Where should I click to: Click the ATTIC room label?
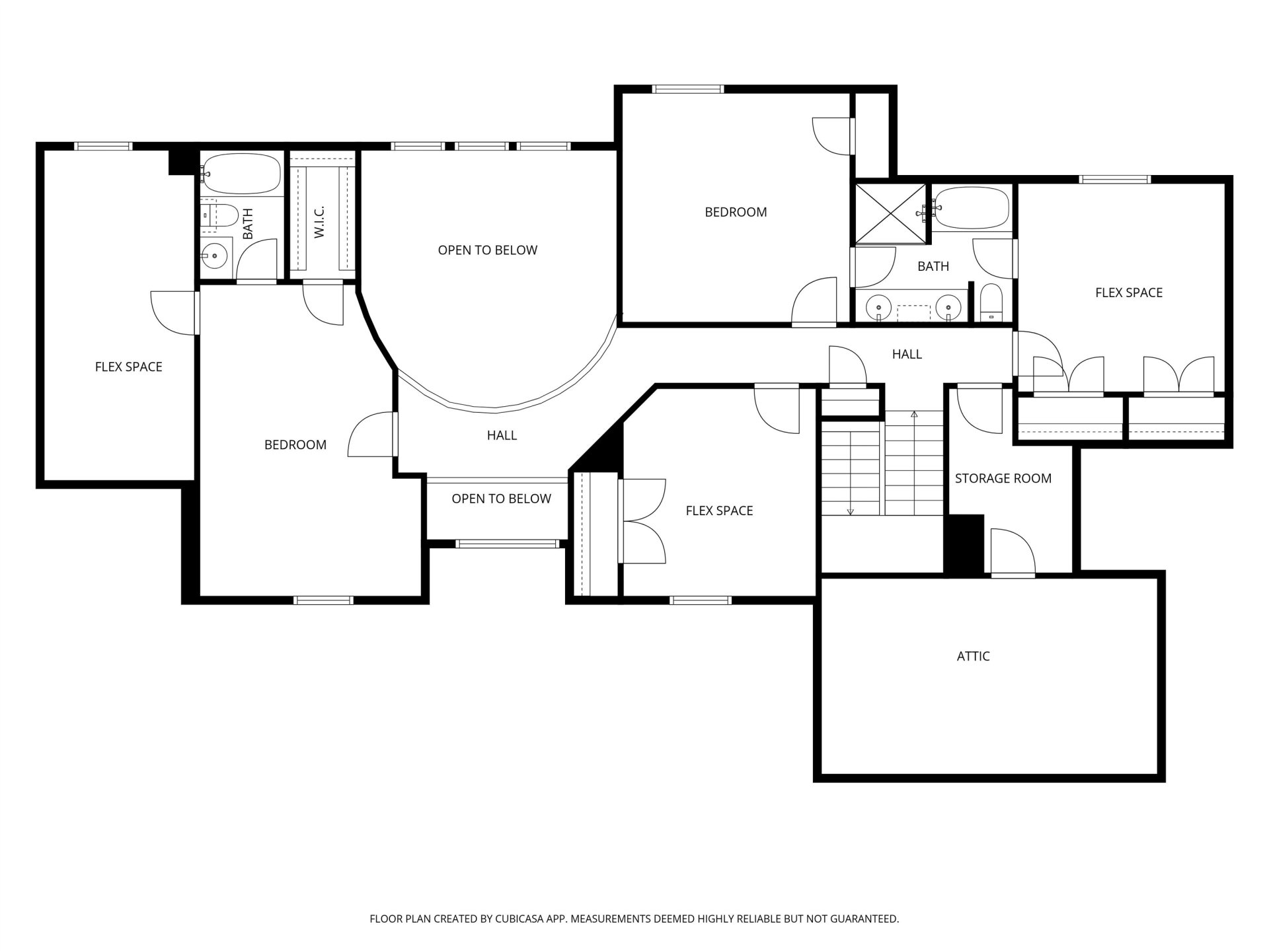[x=973, y=656]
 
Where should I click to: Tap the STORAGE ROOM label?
[x=1003, y=479]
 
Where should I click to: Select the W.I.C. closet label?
[x=320, y=222]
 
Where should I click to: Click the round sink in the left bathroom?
[x=214, y=254]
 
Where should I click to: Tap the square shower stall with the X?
[x=891, y=213]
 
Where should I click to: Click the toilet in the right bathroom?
[x=991, y=303]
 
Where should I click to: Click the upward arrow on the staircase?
[x=914, y=462]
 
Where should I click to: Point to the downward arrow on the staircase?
[x=851, y=474]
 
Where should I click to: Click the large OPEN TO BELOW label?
[x=488, y=250]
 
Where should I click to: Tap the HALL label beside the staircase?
[x=907, y=355]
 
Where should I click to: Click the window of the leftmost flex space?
[x=104, y=147]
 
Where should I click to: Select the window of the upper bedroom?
[x=688, y=89]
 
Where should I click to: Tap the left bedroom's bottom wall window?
[x=324, y=600]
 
